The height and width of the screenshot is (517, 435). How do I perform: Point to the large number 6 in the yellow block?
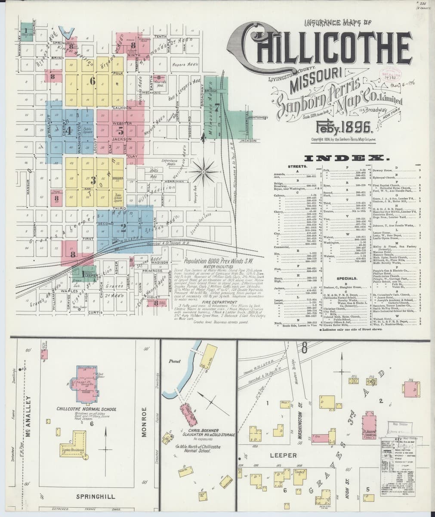pos(92,80)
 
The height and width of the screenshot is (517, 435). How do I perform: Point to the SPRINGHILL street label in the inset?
pos(96,496)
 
